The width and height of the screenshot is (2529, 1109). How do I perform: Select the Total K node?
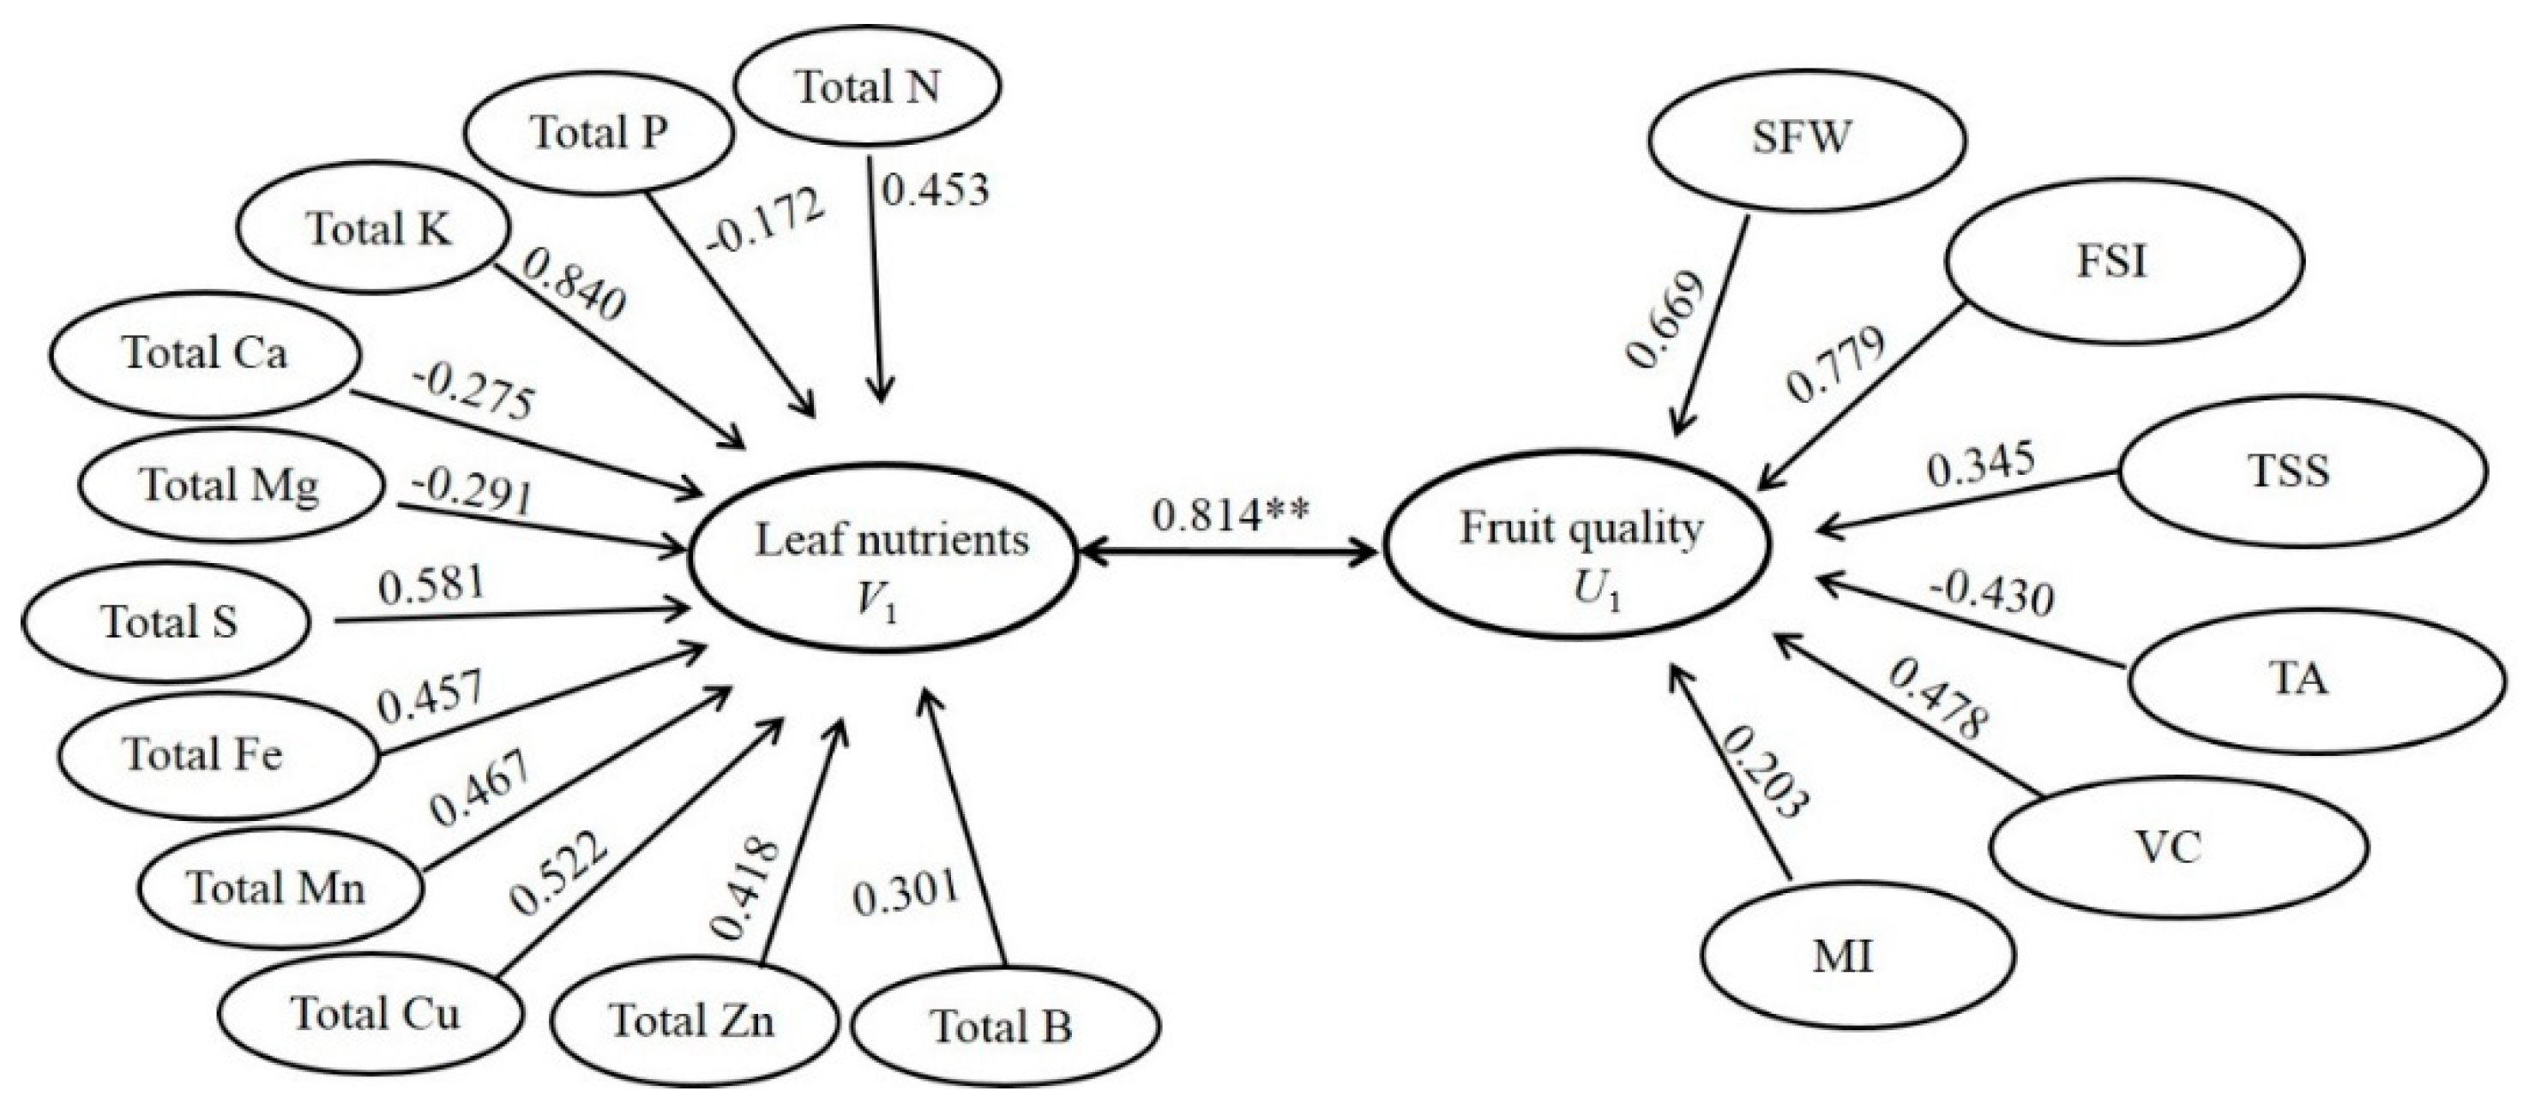click(378, 230)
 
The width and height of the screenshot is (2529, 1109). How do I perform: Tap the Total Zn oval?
click(693, 1021)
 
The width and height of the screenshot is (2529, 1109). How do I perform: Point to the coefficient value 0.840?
click(575, 285)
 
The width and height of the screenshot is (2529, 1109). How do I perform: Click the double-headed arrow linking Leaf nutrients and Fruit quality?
click(1227, 554)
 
